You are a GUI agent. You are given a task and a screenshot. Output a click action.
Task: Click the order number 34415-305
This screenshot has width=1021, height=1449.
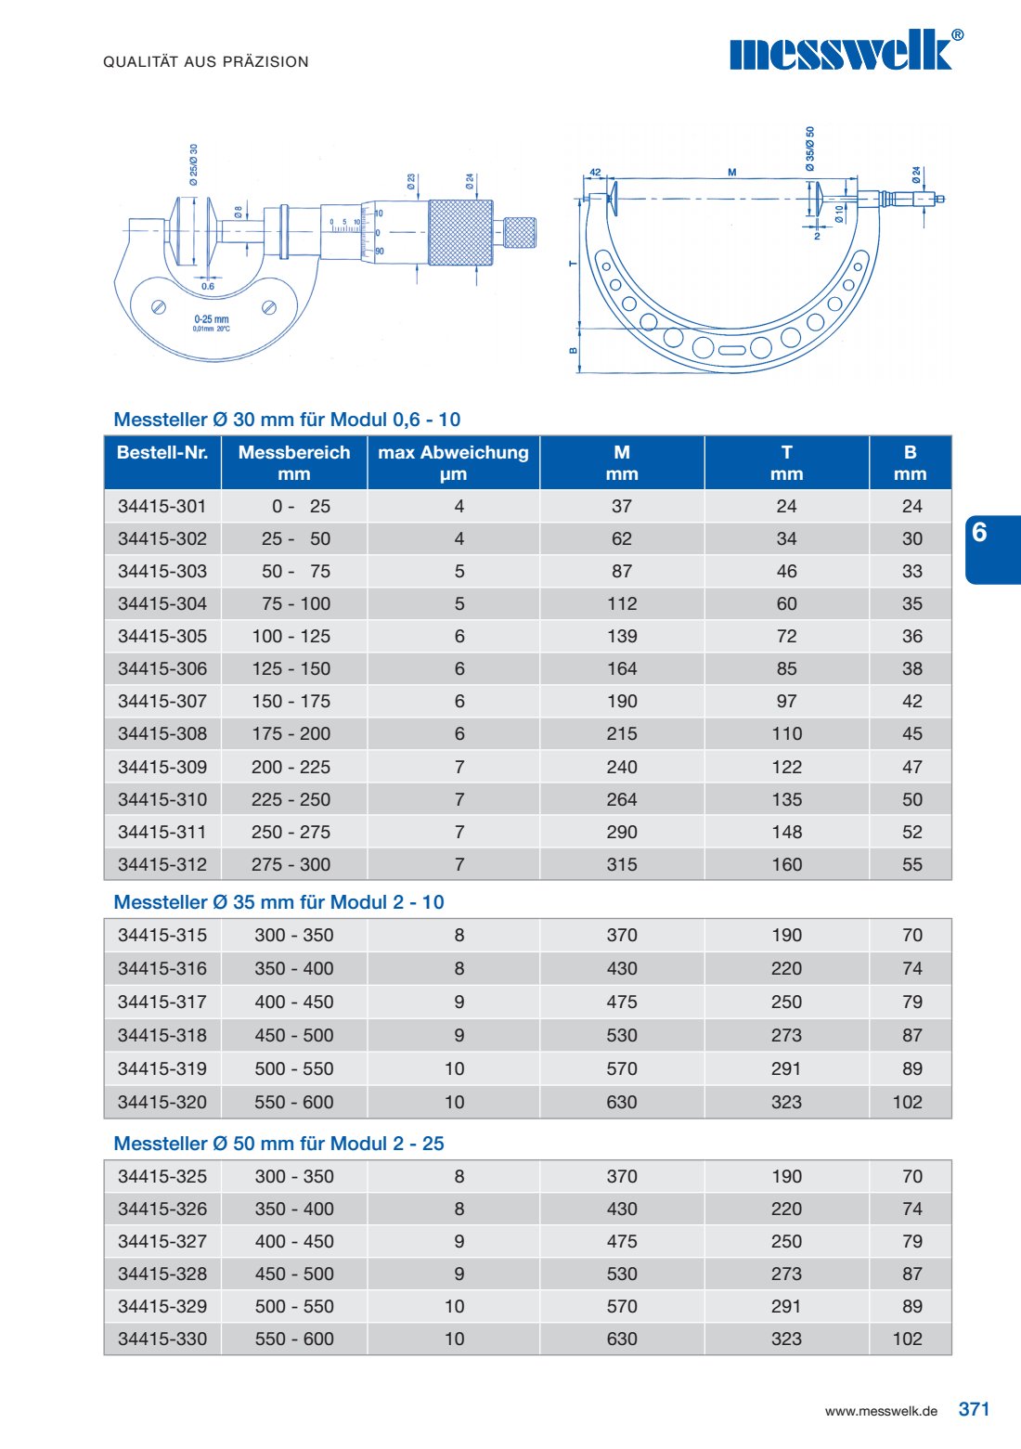point(162,637)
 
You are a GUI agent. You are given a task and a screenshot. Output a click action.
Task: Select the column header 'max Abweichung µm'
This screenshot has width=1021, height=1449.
point(453,462)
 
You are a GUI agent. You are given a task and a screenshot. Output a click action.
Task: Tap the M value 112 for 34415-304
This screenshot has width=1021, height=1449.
point(622,604)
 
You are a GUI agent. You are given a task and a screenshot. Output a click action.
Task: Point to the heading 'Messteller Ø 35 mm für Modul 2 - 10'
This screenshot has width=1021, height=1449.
point(278,902)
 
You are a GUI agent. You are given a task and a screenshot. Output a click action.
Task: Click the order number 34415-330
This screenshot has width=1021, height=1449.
point(162,1339)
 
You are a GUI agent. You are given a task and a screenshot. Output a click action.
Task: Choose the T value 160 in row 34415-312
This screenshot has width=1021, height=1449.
point(786,865)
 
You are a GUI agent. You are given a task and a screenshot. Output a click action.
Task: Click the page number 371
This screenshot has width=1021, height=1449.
point(974,1409)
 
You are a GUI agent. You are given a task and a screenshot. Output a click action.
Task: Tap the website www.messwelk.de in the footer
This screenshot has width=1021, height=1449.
point(881,1411)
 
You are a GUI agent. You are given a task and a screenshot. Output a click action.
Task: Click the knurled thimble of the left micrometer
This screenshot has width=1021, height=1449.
point(460,232)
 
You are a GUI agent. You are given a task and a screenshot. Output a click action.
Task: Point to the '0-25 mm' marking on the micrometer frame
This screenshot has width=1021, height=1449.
point(212,319)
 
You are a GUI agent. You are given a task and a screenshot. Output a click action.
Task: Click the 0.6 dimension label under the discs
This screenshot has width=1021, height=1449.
point(208,287)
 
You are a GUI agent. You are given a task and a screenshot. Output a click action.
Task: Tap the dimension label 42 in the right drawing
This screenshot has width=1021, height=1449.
point(595,173)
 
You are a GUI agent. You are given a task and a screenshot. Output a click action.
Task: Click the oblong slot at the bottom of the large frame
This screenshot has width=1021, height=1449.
point(732,351)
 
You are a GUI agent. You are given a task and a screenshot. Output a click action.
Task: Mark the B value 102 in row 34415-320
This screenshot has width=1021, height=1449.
point(908,1103)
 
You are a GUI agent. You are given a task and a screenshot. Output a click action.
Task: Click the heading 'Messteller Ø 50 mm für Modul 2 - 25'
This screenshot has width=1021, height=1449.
point(278,1144)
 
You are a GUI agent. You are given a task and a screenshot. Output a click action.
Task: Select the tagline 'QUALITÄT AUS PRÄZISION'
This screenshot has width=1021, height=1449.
point(206,62)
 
